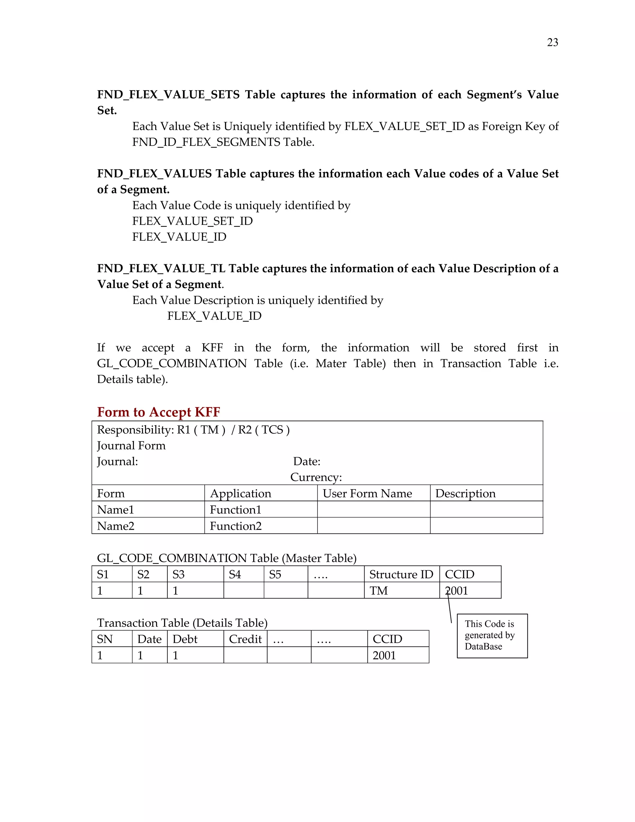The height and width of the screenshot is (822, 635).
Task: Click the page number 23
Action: (x=552, y=42)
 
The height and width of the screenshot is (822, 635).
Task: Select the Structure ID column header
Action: (x=401, y=574)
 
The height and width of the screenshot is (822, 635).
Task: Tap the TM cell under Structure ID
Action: (x=379, y=591)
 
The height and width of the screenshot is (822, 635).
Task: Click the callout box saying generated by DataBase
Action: (x=492, y=636)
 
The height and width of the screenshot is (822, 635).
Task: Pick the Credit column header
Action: (x=245, y=639)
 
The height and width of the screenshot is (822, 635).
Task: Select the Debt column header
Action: (x=185, y=639)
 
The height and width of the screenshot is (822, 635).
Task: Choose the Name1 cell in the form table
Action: (x=115, y=510)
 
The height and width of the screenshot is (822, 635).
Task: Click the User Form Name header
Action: (x=367, y=494)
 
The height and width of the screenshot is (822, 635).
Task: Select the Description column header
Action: (x=465, y=494)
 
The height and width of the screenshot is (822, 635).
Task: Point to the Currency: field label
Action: (x=316, y=477)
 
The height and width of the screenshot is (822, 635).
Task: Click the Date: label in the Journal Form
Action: (x=307, y=462)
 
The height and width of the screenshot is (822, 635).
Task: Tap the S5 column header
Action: (x=275, y=574)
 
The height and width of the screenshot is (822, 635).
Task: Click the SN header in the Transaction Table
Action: (x=105, y=639)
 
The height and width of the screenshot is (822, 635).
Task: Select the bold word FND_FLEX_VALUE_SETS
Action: (x=168, y=95)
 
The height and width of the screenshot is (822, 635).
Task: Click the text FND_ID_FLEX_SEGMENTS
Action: (x=206, y=142)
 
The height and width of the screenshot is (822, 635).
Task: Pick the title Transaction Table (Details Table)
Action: (x=182, y=623)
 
